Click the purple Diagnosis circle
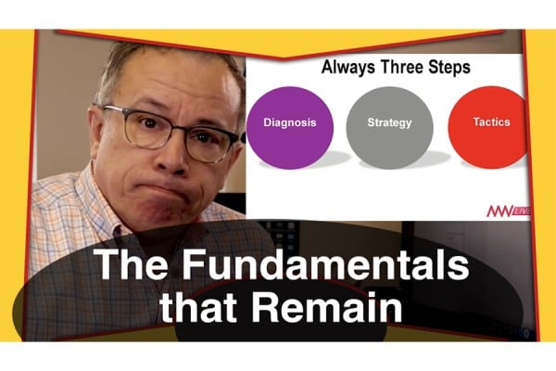pos(290,128)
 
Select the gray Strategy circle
pos(390,128)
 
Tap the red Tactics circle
pos(488,128)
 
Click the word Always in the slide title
pos(347,68)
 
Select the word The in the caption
pos(131,265)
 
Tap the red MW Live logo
pos(508,211)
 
